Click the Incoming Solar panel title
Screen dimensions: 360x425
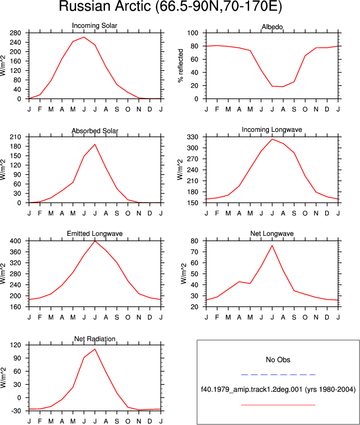[x=94, y=26]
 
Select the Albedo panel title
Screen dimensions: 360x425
[x=272, y=27]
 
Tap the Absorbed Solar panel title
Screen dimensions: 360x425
[x=95, y=131]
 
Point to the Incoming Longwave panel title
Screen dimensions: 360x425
[x=272, y=130]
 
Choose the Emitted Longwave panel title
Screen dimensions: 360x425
[x=95, y=234]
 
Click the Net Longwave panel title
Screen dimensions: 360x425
[x=272, y=234]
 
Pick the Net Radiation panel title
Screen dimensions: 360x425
[x=95, y=339]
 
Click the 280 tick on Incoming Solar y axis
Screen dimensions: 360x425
[x=16, y=33]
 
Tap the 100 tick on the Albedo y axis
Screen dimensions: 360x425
[x=193, y=33]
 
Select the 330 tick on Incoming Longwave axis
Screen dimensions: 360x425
[x=193, y=137]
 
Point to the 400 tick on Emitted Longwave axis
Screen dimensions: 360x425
[x=16, y=241]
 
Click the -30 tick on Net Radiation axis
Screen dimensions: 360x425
[x=16, y=411]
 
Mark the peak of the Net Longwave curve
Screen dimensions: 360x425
[x=272, y=245]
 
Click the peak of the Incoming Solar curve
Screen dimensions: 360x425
[x=84, y=37]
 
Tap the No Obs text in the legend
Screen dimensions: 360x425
[x=278, y=360]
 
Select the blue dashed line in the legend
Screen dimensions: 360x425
[x=278, y=375]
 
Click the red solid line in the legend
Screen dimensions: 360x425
[x=278, y=405]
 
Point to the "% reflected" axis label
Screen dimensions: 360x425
[x=181, y=65]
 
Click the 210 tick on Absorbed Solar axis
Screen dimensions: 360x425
[x=16, y=137]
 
